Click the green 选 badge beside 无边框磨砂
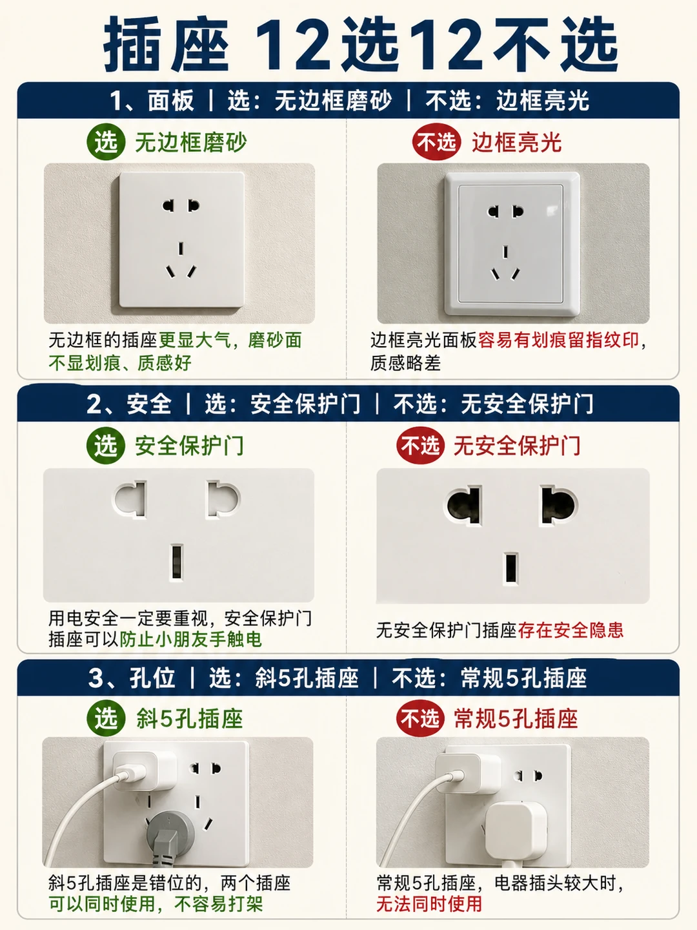tap(106, 142)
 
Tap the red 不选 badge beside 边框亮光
tap(436, 142)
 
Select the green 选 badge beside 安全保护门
tap(106, 446)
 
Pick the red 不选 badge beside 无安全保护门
tap(420, 446)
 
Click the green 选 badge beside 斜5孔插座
tap(106, 719)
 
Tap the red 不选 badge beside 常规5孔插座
tap(420, 719)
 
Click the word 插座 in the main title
tap(167, 45)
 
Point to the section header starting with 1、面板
tap(348, 100)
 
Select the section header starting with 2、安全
tap(348, 404)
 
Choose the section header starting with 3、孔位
tap(348, 677)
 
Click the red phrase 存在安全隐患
tap(571, 630)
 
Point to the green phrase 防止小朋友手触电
tap(190, 639)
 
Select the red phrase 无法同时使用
tap(429, 903)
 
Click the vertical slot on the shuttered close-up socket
tap(176, 562)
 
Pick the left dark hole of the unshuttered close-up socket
tap(465, 506)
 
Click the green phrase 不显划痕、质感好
tap(120, 363)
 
